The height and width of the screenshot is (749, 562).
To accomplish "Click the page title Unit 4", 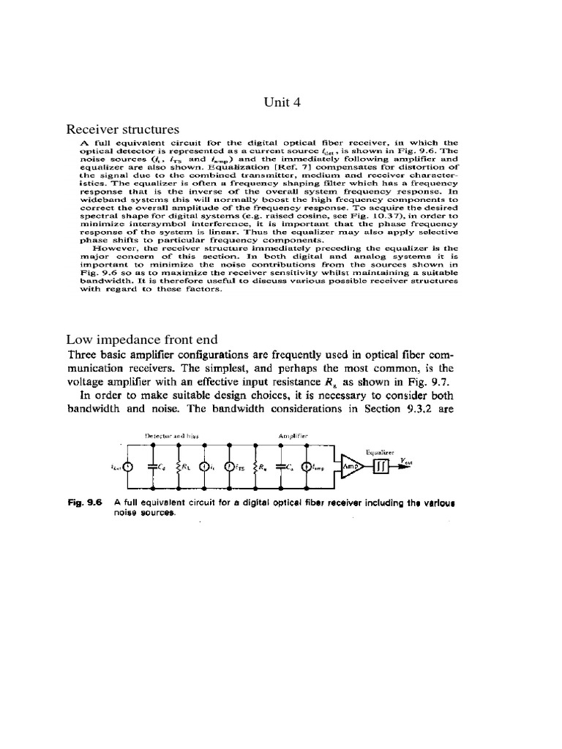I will [x=281, y=102].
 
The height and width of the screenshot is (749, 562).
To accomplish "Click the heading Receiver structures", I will [x=122, y=130].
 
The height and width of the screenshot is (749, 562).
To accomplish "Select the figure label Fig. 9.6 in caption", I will [x=83, y=503].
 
